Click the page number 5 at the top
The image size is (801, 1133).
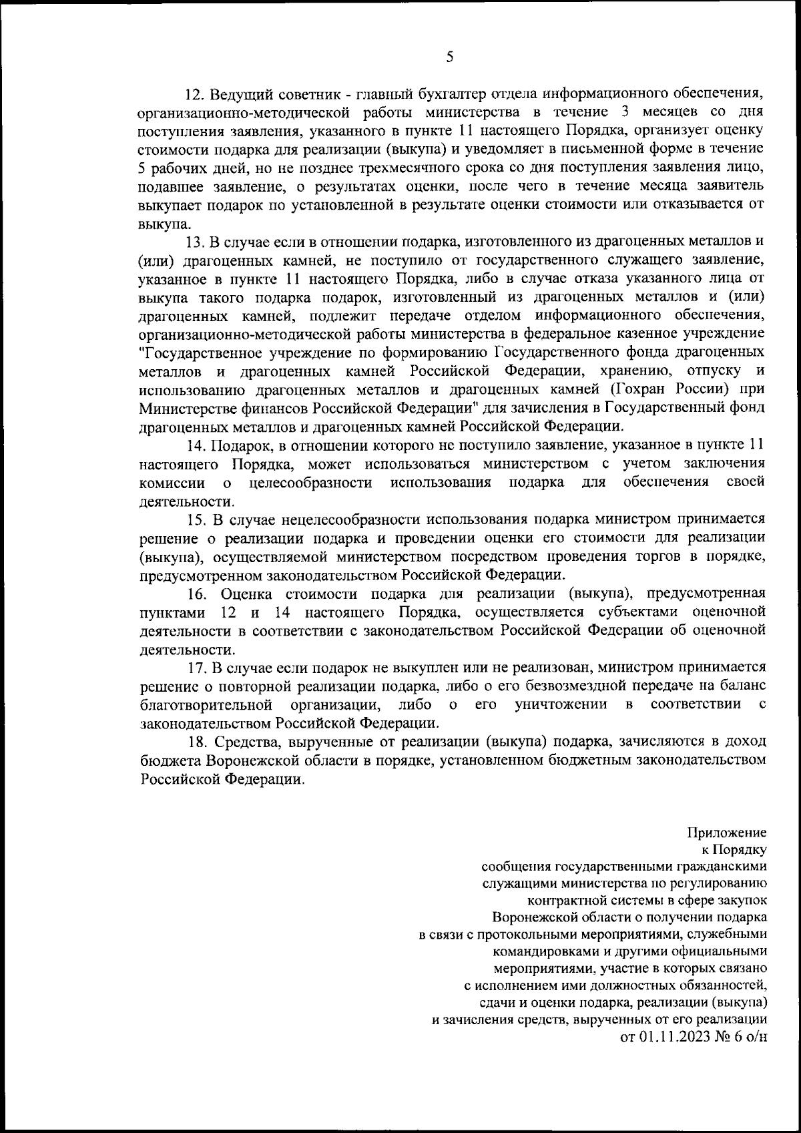point(449,57)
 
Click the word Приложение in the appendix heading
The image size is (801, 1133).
point(726,833)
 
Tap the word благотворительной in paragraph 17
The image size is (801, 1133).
point(206,704)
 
